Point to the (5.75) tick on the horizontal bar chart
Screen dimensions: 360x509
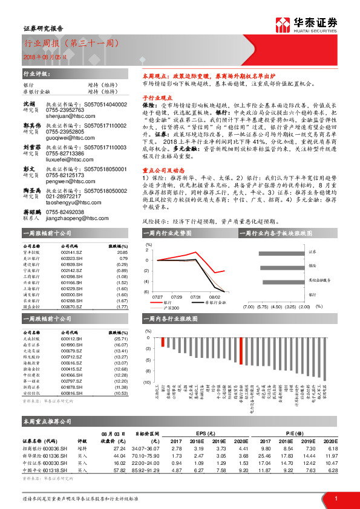coord(262,307)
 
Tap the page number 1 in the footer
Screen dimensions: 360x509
coord(336,498)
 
